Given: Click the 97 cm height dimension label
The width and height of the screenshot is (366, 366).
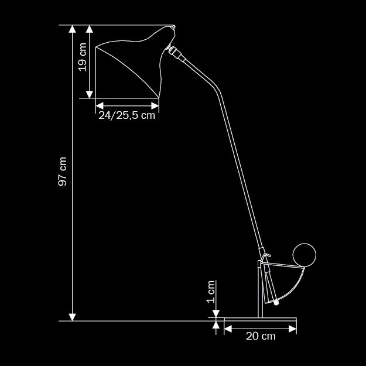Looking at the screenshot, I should [63, 172].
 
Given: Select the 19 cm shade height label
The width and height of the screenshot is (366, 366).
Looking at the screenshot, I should [83, 57].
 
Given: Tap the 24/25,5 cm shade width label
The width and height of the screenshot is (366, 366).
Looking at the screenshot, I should [126, 115].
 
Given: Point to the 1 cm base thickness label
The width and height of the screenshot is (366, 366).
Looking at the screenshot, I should [211, 291].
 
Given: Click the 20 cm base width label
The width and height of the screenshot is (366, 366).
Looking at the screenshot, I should [261, 336].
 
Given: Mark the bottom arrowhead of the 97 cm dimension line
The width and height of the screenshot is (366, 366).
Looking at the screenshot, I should [73, 316].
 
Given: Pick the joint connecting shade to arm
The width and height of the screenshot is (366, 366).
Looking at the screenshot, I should [174, 52].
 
